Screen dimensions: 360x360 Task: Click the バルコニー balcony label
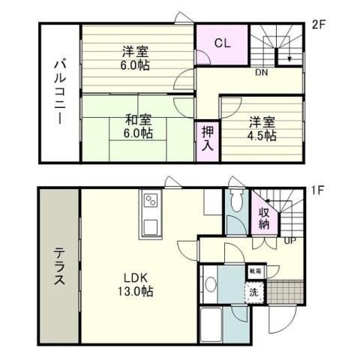(x=58, y=93)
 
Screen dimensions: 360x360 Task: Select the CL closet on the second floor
(x=222, y=43)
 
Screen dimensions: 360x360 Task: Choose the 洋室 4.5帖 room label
(x=262, y=128)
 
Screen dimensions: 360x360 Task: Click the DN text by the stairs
(x=262, y=73)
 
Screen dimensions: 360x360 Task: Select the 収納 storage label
(x=264, y=212)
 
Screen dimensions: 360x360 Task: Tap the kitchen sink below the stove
(x=149, y=226)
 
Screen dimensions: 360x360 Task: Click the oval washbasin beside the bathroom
(x=211, y=284)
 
